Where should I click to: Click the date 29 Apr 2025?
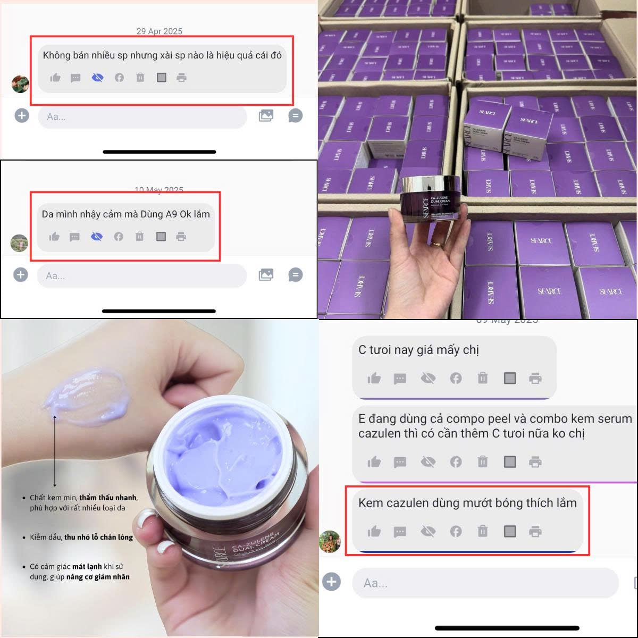click(x=159, y=31)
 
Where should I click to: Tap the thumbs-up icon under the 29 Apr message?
click(x=55, y=78)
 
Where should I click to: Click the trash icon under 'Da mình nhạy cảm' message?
click(x=139, y=237)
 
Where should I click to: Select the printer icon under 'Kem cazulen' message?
click(x=535, y=531)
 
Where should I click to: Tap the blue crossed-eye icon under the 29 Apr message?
click(x=97, y=78)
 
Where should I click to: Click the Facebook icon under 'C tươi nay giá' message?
click(x=456, y=379)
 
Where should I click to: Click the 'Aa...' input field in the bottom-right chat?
click(x=485, y=583)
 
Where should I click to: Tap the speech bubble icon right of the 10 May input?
click(x=295, y=275)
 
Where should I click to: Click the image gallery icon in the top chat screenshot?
click(x=266, y=115)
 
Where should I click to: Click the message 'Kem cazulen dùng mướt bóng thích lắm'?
click(x=467, y=503)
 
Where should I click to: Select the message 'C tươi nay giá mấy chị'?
click(x=418, y=350)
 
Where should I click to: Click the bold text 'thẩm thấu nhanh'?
click(x=108, y=498)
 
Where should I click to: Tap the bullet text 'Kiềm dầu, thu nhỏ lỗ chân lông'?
click(x=81, y=537)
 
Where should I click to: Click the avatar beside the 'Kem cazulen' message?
click(x=329, y=541)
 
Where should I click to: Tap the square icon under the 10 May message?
click(x=161, y=237)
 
